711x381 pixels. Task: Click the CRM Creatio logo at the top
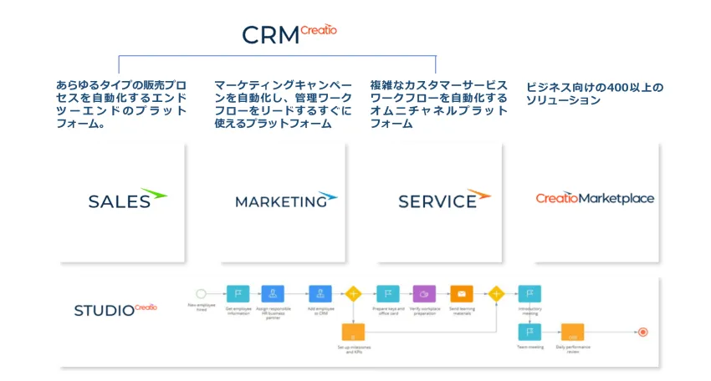pos(289,33)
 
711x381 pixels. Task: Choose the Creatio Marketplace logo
pos(595,199)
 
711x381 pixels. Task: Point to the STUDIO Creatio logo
pos(115,309)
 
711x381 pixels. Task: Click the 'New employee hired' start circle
pos(201,293)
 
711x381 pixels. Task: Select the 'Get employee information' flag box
pos(238,293)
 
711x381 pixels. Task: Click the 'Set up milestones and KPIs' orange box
pos(353,333)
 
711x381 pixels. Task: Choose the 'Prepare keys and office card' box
pos(387,293)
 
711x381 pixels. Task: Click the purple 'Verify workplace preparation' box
pos(424,293)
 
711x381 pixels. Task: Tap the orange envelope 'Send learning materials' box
pos(462,293)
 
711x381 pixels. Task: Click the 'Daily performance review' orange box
pos(572,332)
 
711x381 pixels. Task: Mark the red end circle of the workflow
pos(642,332)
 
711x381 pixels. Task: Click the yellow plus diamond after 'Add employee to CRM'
pos(353,293)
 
